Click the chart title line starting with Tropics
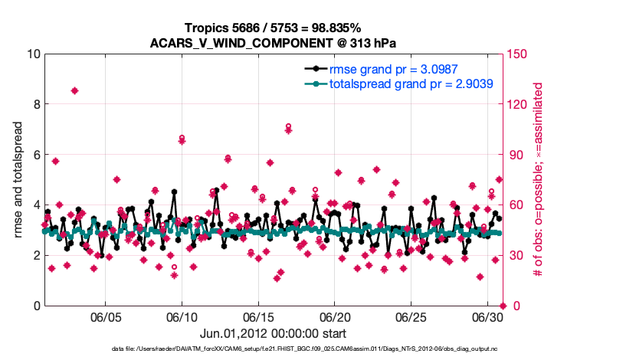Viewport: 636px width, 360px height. click(274, 28)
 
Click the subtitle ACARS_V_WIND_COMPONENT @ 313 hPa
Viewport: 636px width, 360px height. click(274, 42)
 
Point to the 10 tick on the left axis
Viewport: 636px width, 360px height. click(33, 54)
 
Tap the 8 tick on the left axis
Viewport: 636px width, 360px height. click(36, 104)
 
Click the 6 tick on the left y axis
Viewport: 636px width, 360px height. click(36, 155)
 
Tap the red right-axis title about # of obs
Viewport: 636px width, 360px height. click(538, 180)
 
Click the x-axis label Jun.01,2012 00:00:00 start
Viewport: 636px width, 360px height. click(273, 334)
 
